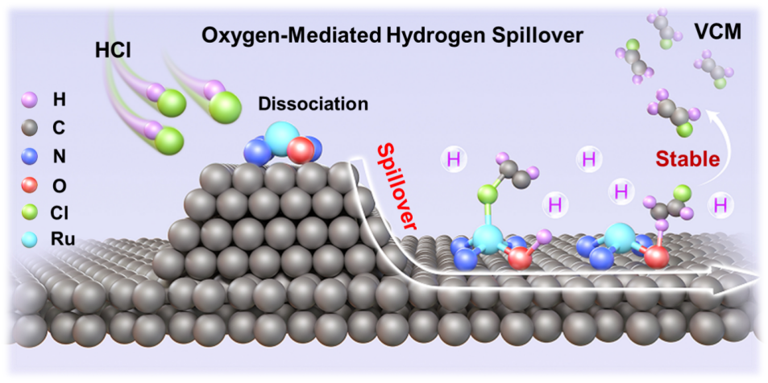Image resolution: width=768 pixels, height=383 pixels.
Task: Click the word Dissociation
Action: pos(313,104)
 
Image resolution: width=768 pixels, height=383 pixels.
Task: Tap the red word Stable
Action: pos(687,159)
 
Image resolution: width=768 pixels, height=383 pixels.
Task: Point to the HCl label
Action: pos(111,50)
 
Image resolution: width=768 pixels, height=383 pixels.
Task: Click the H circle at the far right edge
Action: pos(720,206)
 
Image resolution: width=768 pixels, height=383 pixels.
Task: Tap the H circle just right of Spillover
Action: pos(455,159)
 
